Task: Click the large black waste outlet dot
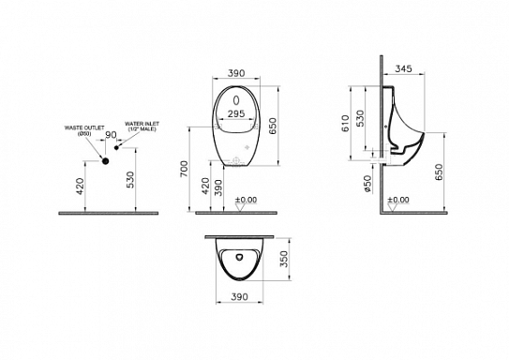[x=106, y=161]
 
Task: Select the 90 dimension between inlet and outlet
[x=111, y=137]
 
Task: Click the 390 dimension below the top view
[x=240, y=297]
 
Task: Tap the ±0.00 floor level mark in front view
[x=246, y=200]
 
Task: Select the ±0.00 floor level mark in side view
[x=397, y=200]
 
